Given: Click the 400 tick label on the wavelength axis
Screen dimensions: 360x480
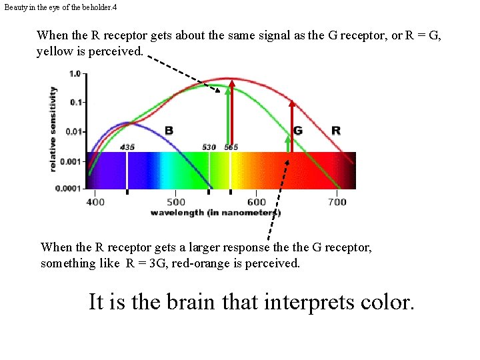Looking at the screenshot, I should [95, 201].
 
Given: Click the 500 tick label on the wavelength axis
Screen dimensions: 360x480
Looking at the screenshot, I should [176, 201].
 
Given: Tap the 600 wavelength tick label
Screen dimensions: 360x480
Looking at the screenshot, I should [257, 201].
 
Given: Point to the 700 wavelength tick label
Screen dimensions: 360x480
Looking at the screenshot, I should [337, 201].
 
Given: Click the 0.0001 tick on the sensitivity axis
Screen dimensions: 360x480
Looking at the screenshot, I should [69, 189].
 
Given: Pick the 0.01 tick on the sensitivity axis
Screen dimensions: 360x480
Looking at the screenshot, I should [73, 131].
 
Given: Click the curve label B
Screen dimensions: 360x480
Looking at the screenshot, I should [169, 131].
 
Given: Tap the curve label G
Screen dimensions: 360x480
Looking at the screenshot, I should [298, 131].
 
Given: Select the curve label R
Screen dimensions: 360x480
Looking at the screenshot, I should [336, 131].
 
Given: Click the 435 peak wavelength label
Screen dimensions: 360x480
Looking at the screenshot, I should [127, 147].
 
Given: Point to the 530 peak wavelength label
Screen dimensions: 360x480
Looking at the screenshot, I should [209, 147].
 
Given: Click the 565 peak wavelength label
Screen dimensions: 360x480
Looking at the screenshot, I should [231, 147].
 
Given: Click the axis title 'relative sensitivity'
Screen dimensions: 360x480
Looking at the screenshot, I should [53, 129].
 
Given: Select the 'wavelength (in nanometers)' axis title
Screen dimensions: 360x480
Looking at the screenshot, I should [215, 213].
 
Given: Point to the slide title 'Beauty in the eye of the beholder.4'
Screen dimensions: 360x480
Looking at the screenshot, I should [51, 7].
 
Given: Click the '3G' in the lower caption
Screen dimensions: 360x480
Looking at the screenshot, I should [158, 263].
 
